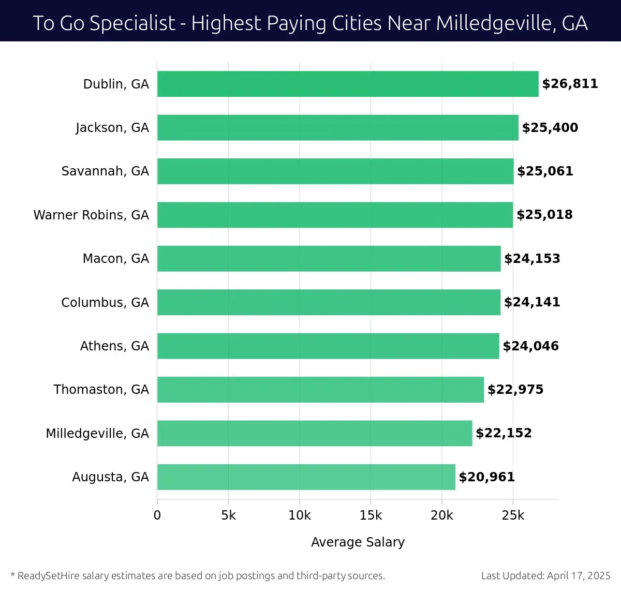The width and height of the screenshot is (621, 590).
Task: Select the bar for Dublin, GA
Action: (x=348, y=84)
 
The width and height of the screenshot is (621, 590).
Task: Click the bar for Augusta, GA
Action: (x=306, y=477)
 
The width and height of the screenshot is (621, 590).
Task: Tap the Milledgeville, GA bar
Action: (x=315, y=433)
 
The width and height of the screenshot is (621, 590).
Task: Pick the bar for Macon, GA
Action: (x=329, y=259)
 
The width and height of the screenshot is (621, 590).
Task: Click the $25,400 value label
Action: (x=550, y=128)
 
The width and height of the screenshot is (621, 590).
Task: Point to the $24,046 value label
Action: (x=530, y=346)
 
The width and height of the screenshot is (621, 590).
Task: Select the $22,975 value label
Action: (x=515, y=390)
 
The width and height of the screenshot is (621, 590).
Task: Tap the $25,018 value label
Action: (x=544, y=215)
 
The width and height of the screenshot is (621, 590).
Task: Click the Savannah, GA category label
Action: (x=105, y=171)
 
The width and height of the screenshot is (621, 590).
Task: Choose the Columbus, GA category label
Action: (x=105, y=302)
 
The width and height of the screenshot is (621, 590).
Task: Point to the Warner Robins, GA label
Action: (x=91, y=215)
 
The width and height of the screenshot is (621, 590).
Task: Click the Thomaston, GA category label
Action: (x=101, y=390)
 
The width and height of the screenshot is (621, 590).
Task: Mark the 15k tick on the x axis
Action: (x=371, y=515)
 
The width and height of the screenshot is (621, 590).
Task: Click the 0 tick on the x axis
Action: (x=157, y=515)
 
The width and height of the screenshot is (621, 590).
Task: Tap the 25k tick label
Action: (x=513, y=515)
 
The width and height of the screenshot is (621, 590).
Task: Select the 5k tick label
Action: (x=228, y=515)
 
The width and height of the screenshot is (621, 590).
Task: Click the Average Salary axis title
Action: (x=358, y=542)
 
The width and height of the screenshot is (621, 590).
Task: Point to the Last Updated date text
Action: (x=545, y=576)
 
